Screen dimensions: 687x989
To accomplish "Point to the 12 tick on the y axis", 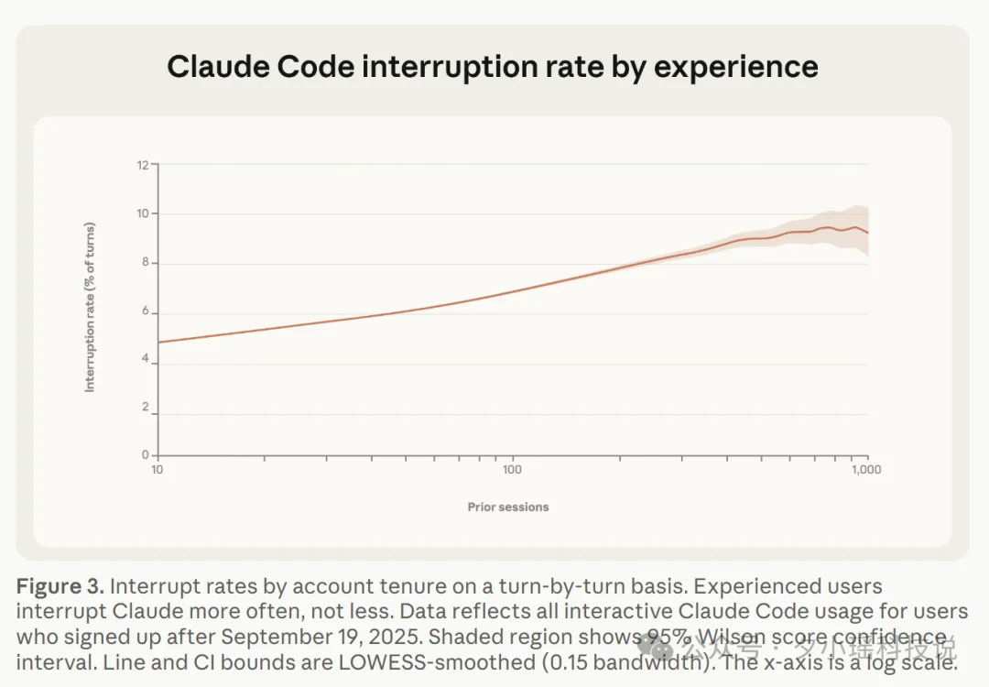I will click(142, 165).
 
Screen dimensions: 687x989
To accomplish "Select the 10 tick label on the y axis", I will click(142, 213).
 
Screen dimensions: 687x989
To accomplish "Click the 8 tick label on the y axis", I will click(144, 263).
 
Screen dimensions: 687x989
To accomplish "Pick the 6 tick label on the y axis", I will click(144, 312).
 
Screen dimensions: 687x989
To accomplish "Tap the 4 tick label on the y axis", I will click(144, 363).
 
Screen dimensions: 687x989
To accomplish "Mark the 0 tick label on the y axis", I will click(144, 455).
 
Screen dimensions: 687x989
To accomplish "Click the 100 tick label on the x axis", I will click(511, 470).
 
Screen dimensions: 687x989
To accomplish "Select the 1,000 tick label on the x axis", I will click(865, 470).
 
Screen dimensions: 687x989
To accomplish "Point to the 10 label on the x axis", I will click(158, 470).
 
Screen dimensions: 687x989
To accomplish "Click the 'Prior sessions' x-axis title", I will click(508, 507).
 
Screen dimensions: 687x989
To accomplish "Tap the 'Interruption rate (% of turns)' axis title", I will click(90, 308).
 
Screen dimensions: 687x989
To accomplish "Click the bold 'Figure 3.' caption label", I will click(59, 586).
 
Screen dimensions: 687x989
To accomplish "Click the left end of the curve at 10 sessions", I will click(159, 342).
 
